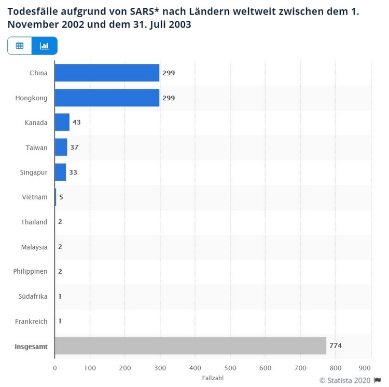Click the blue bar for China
pyautogui.click(x=107, y=73)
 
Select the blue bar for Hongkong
pyautogui.click(x=107, y=98)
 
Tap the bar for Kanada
pyautogui.click(x=62, y=123)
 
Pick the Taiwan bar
pyautogui.click(x=61, y=148)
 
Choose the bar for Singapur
pyautogui.click(x=60, y=172)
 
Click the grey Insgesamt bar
pyautogui.click(x=190, y=346)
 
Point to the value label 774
pyautogui.click(x=336, y=346)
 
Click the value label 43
pyautogui.click(x=77, y=123)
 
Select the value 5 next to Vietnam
pyautogui.click(x=61, y=197)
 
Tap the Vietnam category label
pyautogui.click(x=35, y=197)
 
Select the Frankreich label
pyautogui.click(x=31, y=322)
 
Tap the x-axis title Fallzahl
pyautogui.click(x=213, y=378)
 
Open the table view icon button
pyautogui.click(x=20, y=46)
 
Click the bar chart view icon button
pyautogui.click(x=45, y=46)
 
